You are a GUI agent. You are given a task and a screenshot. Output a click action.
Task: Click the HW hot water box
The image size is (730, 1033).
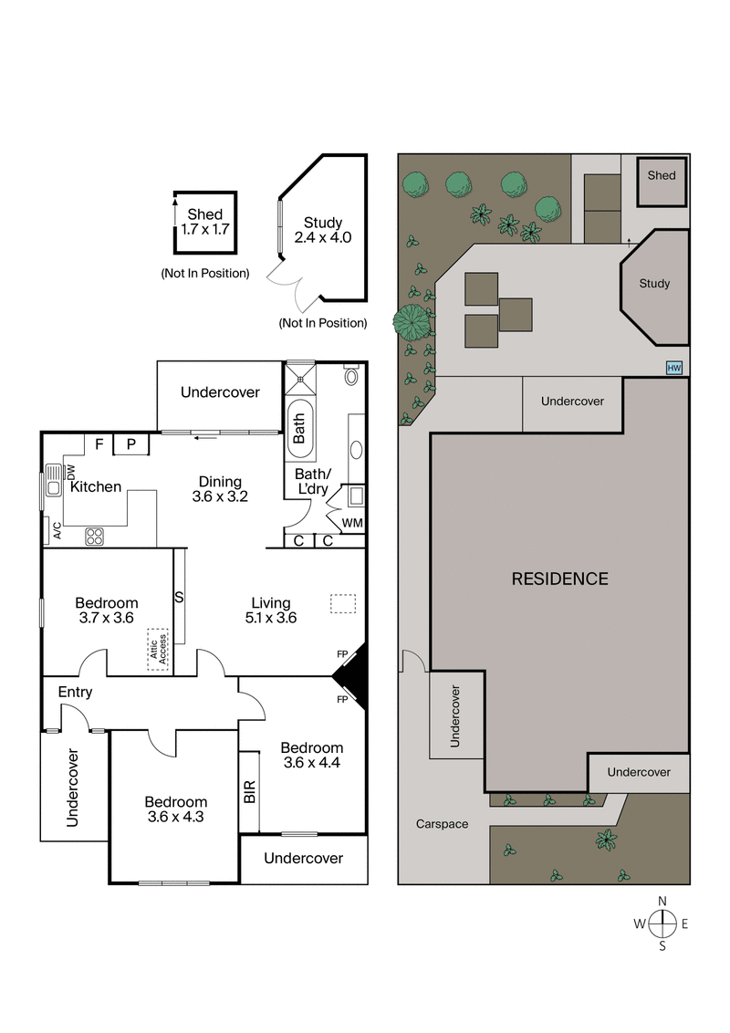click(x=674, y=368)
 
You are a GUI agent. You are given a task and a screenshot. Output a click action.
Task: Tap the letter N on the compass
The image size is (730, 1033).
click(x=662, y=902)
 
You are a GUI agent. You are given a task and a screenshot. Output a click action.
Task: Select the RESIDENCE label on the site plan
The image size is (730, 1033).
click(x=559, y=579)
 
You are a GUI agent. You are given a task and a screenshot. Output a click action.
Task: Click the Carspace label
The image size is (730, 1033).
click(x=442, y=824)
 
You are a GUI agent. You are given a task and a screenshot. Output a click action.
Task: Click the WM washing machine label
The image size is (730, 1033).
click(x=351, y=523)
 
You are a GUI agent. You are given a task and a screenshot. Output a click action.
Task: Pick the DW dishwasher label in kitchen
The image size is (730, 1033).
click(x=70, y=472)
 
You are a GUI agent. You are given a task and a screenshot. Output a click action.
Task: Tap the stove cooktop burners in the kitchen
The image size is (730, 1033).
click(x=94, y=537)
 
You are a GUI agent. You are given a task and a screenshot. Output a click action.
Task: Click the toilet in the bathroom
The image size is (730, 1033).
click(x=351, y=376)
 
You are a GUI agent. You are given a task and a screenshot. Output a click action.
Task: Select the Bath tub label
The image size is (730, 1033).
click(x=299, y=425)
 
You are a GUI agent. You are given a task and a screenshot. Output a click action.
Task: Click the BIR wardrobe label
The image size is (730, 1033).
click(x=249, y=791)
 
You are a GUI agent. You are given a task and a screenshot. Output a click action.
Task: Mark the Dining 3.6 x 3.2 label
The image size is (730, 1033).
click(x=220, y=489)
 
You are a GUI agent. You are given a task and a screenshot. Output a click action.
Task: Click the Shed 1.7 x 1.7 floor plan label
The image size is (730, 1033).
click(x=204, y=222)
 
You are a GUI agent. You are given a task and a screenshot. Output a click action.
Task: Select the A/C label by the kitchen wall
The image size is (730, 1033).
click(x=56, y=530)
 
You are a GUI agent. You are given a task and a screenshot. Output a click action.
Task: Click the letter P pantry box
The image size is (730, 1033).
click(x=131, y=444)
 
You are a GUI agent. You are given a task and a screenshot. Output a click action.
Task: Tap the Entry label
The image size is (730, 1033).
click(x=75, y=692)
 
